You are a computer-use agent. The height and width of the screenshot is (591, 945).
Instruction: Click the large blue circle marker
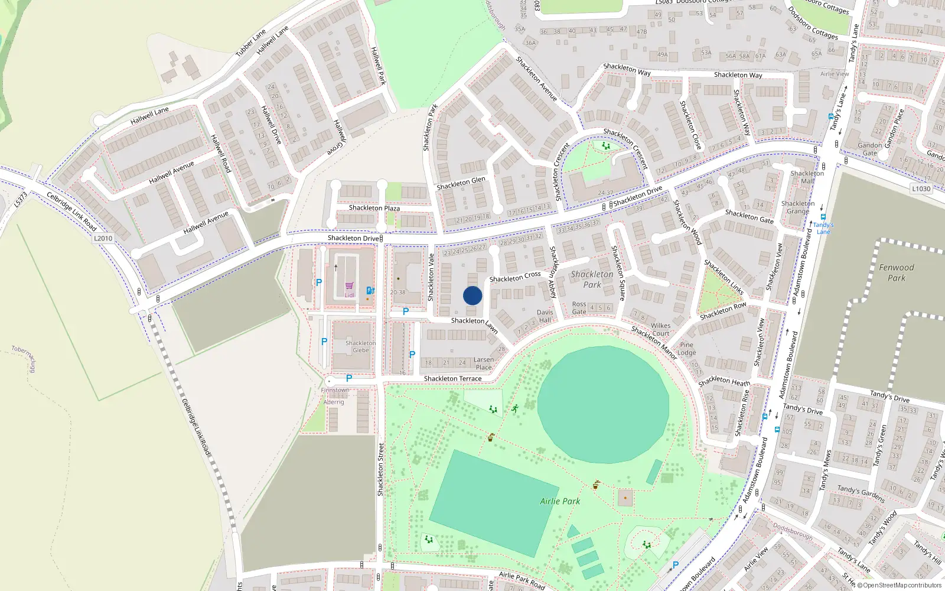[x=472, y=295]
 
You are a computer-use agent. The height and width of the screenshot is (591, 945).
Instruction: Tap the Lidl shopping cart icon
[x=349, y=286]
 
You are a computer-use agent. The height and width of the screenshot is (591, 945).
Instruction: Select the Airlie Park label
[x=560, y=501]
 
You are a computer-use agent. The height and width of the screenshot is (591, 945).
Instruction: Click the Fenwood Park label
[x=896, y=272]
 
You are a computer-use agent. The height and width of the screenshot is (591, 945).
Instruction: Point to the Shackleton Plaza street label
[x=374, y=208]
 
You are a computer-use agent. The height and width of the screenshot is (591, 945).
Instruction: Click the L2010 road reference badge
[x=103, y=238]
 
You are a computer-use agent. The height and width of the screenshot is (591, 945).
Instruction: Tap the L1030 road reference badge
[x=921, y=189]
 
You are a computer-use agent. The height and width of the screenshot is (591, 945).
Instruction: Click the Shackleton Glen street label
[x=461, y=183]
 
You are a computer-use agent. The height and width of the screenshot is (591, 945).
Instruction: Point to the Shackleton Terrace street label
[x=452, y=378]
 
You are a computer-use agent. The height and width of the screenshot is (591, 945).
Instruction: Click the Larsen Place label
[x=483, y=363]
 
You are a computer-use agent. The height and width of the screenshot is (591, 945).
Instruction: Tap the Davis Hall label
[x=545, y=316]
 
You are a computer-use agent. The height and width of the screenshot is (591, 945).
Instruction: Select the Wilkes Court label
[x=660, y=329]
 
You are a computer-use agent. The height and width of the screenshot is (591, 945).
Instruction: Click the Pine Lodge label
[x=686, y=349]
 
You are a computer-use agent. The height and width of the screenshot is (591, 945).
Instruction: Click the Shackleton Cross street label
[x=514, y=277]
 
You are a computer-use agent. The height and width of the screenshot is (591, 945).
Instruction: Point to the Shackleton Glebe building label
[x=360, y=346]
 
